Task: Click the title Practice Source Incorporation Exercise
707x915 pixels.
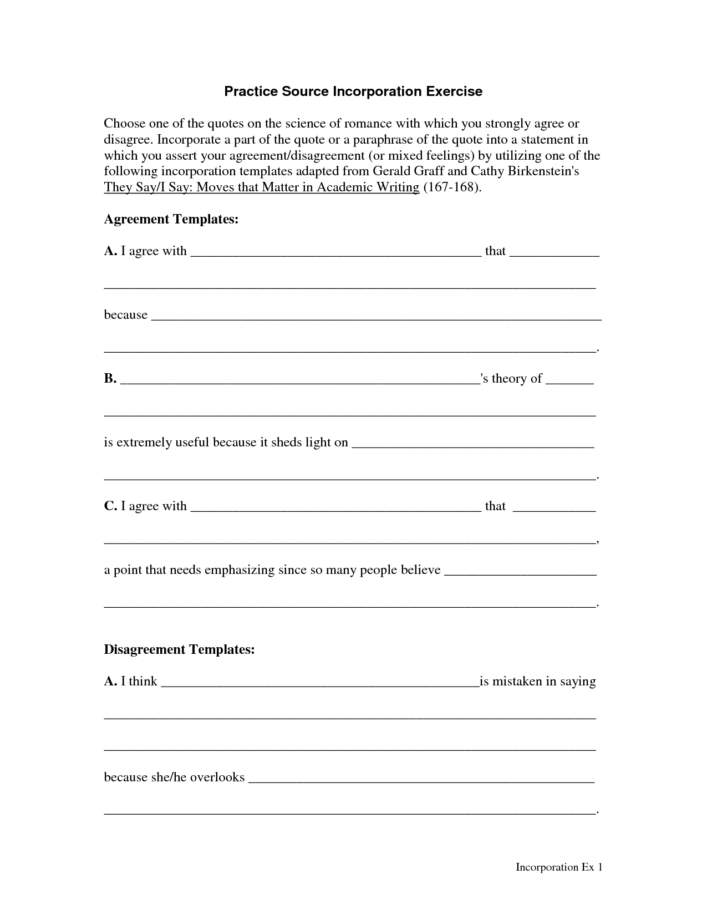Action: [x=353, y=91]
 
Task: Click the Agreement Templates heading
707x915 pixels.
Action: [x=171, y=219]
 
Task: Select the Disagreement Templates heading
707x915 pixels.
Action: [x=179, y=649]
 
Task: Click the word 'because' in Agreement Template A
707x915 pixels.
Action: [x=126, y=315]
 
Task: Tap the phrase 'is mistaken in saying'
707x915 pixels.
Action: [x=537, y=681]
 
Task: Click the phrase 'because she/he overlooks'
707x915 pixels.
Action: [x=174, y=777]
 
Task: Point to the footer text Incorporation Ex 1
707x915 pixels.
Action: [x=559, y=867]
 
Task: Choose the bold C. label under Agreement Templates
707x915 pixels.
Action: [x=110, y=506]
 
